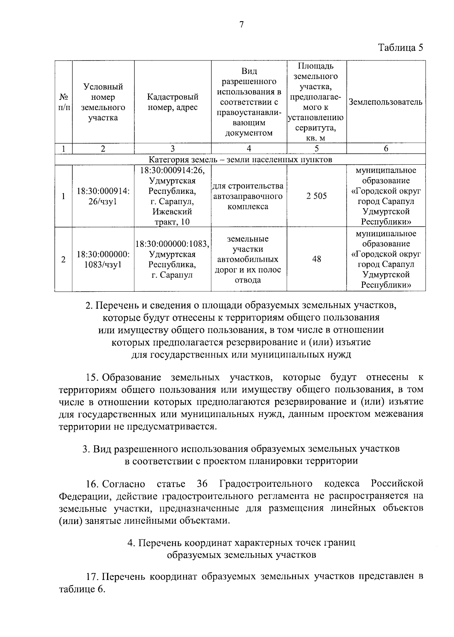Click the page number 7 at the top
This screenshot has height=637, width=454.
click(x=242, y=25)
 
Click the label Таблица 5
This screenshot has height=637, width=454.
click(x=400, y=48)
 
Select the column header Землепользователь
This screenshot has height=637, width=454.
click(x=386, y=102)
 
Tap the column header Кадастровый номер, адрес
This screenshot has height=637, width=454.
click(x=173, y=102)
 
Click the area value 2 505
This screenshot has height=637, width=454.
click(x=317, y=196)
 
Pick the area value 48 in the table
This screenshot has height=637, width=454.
click(x=317, y=259)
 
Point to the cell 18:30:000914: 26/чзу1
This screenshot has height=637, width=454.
click(x=103, y=196)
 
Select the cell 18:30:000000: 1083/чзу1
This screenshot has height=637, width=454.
click(x=103, y=260)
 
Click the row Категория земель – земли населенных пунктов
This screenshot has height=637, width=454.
click(x=240, y=159)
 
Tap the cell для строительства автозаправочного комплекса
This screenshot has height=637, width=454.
click(x=248, y=196)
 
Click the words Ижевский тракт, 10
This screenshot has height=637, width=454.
click(x=173, y=217)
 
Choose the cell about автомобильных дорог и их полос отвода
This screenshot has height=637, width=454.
click(x=248, y=260)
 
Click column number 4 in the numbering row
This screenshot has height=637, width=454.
click(x=249, y=149)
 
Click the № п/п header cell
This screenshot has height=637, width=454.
click(x=64, y=102)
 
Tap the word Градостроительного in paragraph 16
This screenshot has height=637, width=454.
click(x=266, y=484)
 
